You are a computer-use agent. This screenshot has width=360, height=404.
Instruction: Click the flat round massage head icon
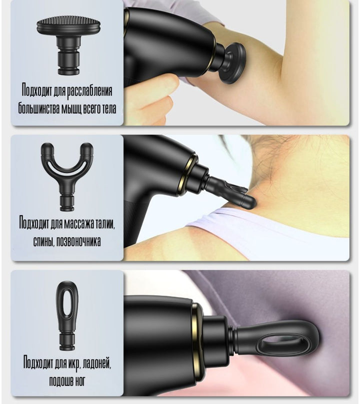68,45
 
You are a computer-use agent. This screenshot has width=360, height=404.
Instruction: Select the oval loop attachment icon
67,316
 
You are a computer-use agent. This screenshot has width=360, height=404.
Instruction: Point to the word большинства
38,109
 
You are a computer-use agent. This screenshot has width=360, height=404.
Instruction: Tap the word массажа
78,223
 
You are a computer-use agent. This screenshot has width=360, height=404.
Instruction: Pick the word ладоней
98,363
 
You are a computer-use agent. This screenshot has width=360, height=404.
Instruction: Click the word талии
105,223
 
